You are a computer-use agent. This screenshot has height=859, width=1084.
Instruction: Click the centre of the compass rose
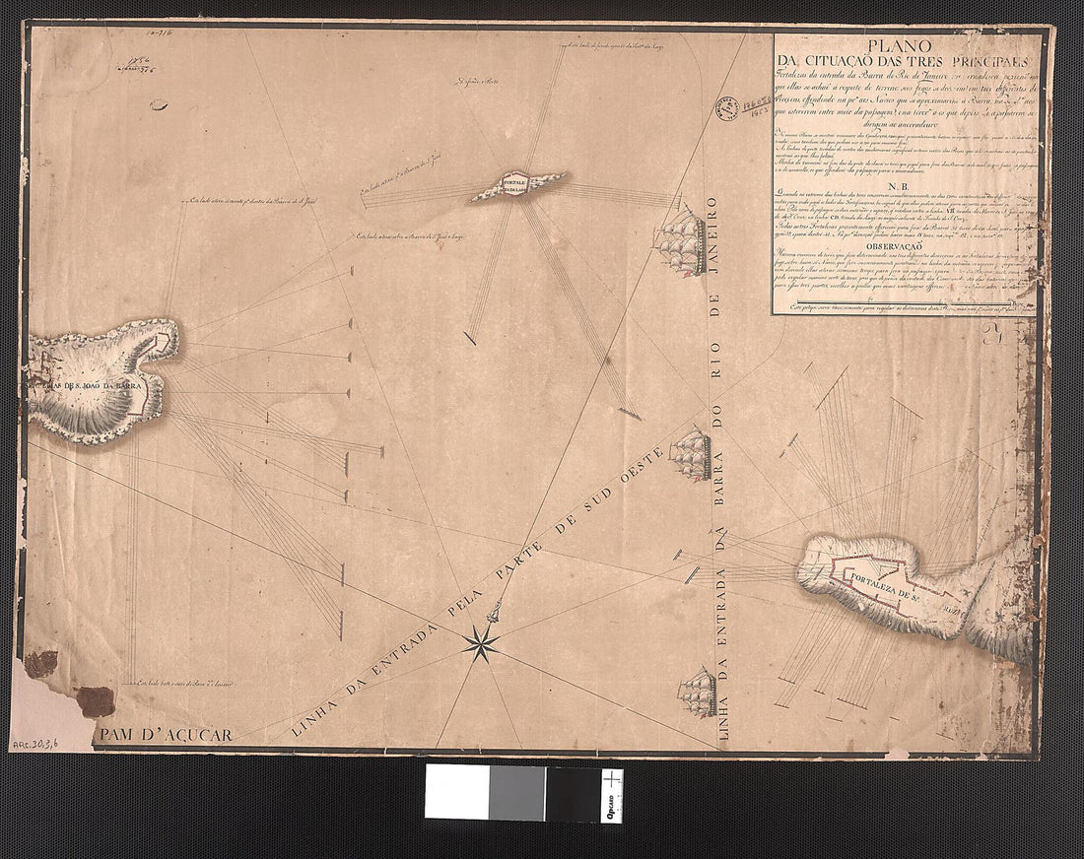[x=480, y=642]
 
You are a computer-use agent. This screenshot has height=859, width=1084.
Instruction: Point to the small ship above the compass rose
[x=496, y=612]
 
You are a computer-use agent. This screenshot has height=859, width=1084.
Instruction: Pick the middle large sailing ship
[x=691, y=454]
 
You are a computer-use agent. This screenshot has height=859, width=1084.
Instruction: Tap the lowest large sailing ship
[x=698, y=693]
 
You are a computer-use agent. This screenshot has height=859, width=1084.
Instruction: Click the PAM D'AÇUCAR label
[x=165, y=735]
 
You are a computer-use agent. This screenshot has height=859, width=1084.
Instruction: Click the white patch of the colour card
[x=456, y=792]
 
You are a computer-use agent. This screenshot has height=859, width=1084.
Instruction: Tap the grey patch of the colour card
[x=516, y=792]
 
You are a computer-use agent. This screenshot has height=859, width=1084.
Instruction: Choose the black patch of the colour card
[x=573, y=792]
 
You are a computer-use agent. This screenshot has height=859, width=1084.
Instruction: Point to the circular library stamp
[x=727, y=107]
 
